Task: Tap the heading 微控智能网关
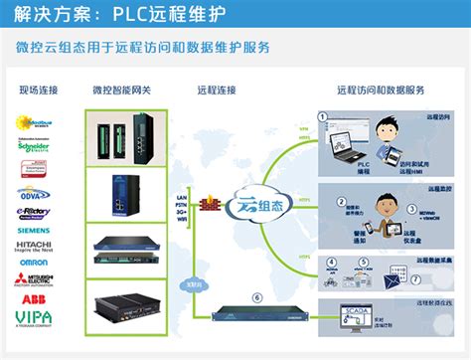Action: [x=120, y=91]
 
